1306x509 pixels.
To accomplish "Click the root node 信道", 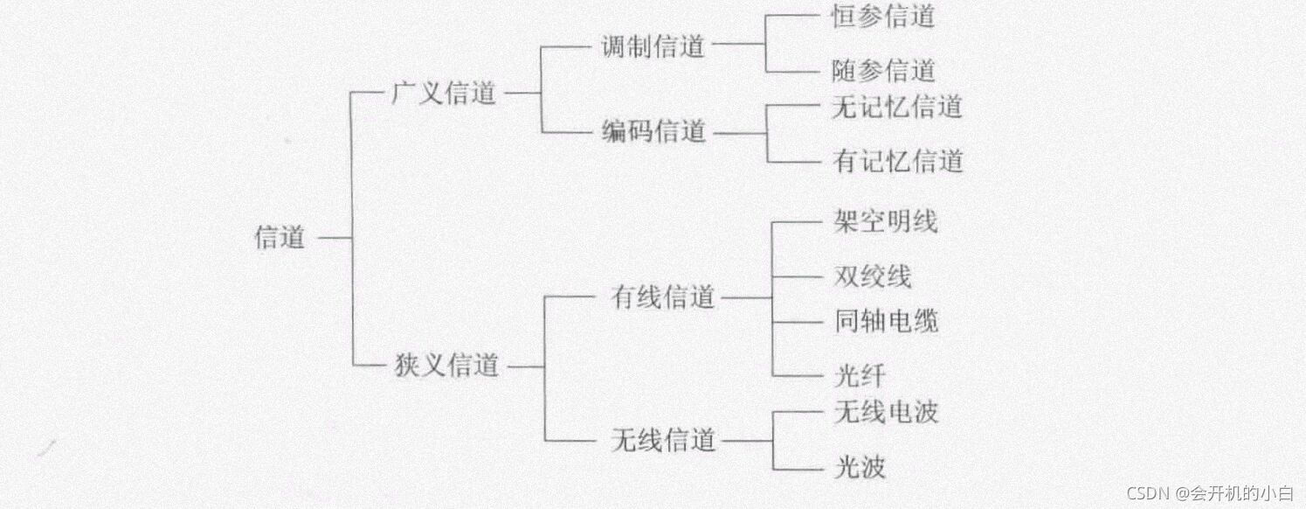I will click(280, 237).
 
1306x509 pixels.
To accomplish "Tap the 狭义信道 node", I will click(446, 365).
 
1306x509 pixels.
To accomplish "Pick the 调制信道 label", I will click(653, 45).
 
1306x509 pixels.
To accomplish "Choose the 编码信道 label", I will click(653, 132).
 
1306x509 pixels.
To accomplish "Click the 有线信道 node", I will click(663, 297).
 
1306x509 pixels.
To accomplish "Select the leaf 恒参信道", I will click(882, 16).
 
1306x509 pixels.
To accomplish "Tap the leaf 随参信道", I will click(882, 70).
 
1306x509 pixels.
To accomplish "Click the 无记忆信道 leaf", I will click(897, 107).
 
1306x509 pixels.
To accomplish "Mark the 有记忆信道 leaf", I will click(898, 161).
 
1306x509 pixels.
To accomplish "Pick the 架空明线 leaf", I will click(885, 221).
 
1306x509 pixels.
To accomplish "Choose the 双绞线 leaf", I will click(872, 276).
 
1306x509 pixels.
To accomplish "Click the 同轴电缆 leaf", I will click(886, 322).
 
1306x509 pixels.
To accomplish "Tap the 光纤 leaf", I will click(860, 376).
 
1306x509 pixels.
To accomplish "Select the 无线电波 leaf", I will click(886, 411).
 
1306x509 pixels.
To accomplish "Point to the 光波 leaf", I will click(860, 466).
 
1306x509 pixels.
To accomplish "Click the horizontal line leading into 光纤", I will click(797, 376).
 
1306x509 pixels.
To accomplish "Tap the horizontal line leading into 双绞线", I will click(797, 276).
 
